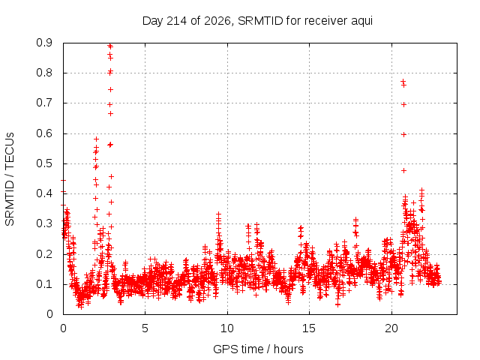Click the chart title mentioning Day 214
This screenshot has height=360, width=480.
pyautogui.click(x=257, y=21)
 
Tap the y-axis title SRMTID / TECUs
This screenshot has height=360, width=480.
pyautogui.click(x=10, y=179)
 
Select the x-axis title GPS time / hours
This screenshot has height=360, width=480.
pyautogui.click(x=258, y=349)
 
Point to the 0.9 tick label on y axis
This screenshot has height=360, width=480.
pyautogui.click(x=44, y=43)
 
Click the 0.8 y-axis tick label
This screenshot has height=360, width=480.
pyautogui.click(x=44, y=73)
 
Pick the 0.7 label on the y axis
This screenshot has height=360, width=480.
pyautogui.click(x=44, y=103)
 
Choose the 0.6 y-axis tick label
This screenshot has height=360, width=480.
pyautogui.click(x=44, y=133)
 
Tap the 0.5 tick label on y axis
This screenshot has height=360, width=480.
pyautogui.click(x=44, y=163)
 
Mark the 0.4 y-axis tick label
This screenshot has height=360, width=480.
pyautogui.click(x=44, y=193)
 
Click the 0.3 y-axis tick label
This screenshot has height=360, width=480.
pyautogui.click(x=44, y=223)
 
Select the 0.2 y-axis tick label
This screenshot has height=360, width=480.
pyautogui.click(x=44, y=254)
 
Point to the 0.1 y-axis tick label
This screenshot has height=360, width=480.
pyautogui.click(x=44, y=284)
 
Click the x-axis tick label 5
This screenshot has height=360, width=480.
pyautogui.click(x=145, y=328)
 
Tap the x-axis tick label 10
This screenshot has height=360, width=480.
pyautogui.click(x=227, y=328)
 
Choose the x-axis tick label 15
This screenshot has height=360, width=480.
pyautogui.click(x=309, y=328)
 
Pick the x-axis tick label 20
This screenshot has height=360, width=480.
pyautogui.click(x=391, y=328)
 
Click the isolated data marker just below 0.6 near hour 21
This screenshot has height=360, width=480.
pyautogui.click(x=403, y=135)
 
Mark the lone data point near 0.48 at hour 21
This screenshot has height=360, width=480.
pyautogui.click(x=403, y=170)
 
